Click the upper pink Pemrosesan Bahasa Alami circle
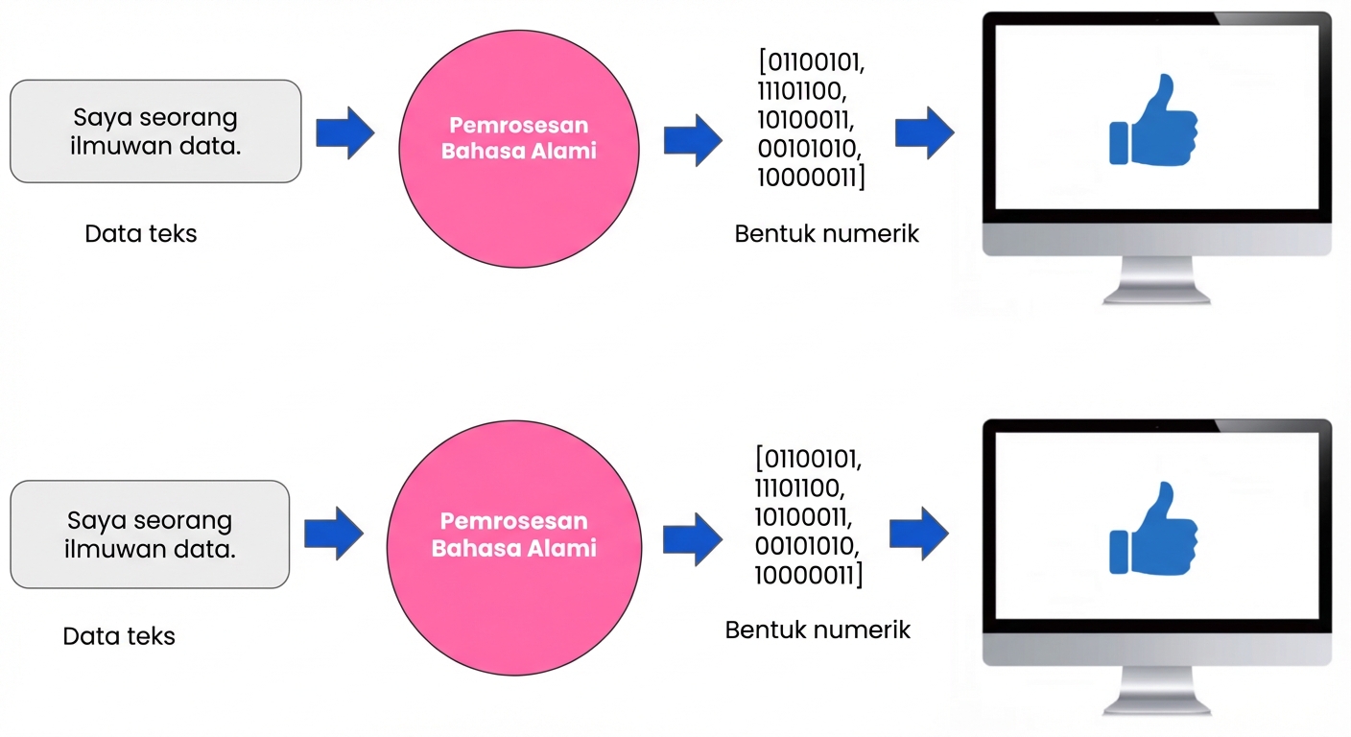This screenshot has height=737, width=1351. click(x=518, y=149)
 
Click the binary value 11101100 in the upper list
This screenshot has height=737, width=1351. click(x=802, y=93)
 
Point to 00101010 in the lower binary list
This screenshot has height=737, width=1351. click(x=806, y=546)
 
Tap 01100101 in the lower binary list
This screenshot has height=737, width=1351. click(x=809, y=460)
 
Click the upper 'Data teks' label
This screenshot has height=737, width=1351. click(x=141, y=234)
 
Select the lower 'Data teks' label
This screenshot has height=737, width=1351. click(x=119, y=636)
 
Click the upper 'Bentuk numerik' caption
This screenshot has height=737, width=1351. click(x=826, y=234)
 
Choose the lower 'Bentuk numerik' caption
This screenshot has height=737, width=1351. click(x=818, y=630)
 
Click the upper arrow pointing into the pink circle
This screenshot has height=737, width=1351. click(x=345, y=132)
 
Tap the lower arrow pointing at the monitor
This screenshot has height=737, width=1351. click(x=919, y=533)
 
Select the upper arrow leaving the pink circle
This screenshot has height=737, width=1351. click(x=693, y=139)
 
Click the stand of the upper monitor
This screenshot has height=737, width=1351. click(x=1156, y=279)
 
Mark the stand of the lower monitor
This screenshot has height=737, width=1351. click(x=1156, y=689)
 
